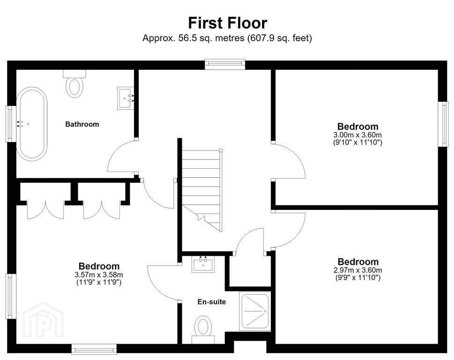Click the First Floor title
pyautogui.click(x=228, y=23)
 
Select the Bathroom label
pyautogui.click(x=82, y=124)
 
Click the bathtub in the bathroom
pyautogui.click(x=32, y=124)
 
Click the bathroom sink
pyautogui.click(x=126, y=98)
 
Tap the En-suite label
pyautogui.click(x=212, y=302)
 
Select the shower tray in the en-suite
pyautogui.click(x=255, y=311)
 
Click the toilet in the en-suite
pyautogui.click(x=203, y=330)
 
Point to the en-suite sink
pyautogui.click(x=203, y=264)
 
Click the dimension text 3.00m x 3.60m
pyautogui.click(x=357, y=135)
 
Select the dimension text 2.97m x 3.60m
pyautogui.click(x=358, y=270)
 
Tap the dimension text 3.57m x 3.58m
pyautogui.click(x=99, y=275)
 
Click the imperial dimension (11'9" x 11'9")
pyautogui.click(x=99, y=282)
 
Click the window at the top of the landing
pyautogui.click(x=225, y=64)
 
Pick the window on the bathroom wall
pyautogui.click(x=11, y=124)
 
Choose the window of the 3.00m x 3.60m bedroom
pyautogui.click(x=443, y=124)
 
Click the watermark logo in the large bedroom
pyautogui.click(x=43, y=320)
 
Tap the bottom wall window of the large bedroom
pyautogui.click(x=94, y=349)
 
